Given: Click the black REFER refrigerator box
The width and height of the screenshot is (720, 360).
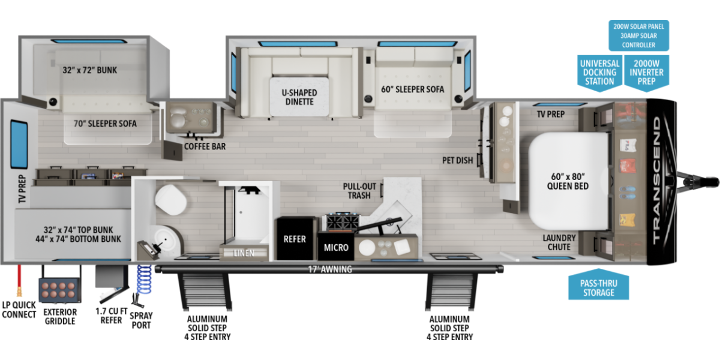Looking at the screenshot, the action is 295,238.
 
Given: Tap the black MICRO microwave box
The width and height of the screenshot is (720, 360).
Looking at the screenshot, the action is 336,246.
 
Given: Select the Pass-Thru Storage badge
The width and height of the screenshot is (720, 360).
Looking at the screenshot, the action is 599,285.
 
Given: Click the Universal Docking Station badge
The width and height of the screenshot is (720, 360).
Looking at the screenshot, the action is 600,73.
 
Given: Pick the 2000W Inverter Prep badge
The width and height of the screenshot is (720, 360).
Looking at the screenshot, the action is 646,73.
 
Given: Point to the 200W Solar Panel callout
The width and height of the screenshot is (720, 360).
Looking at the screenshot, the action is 638,35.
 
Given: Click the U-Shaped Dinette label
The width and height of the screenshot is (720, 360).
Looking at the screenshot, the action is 299,97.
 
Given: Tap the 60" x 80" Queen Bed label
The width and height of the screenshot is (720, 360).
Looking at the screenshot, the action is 568,181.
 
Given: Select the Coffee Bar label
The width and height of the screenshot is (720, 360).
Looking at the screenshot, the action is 205,146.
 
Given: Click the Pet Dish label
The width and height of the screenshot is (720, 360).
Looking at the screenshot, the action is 457,160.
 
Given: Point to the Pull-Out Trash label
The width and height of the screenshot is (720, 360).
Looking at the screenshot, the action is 359,191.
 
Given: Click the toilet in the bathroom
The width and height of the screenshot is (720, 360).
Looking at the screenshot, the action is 170,200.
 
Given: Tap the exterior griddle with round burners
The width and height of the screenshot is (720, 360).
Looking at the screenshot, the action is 60,290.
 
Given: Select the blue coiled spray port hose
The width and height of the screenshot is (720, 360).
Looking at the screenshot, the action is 144,280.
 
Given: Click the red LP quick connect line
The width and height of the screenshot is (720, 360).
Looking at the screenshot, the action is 19,280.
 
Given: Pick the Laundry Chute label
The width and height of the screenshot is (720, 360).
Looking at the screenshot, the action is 559,242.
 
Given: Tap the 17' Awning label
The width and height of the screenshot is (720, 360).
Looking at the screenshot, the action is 330,269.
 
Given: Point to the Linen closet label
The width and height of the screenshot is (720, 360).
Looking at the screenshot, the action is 244,253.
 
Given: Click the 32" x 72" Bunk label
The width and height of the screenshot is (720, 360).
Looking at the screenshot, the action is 89,70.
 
